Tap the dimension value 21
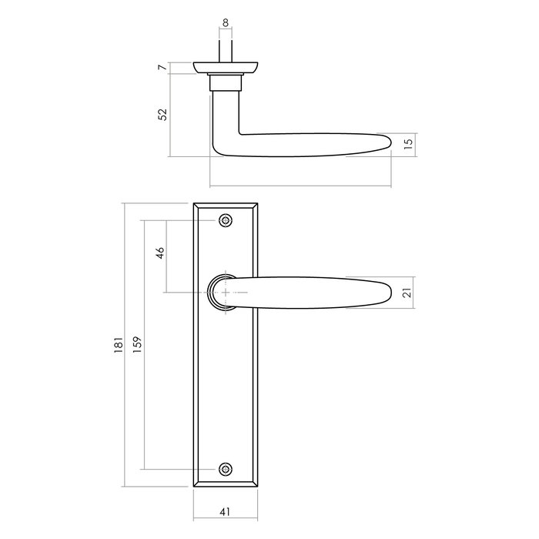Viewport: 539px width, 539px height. [408, 293]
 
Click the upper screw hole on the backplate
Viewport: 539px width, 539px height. [225, 220]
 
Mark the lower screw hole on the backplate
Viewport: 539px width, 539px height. [225, 468]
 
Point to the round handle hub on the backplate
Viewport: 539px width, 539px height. [220, 293]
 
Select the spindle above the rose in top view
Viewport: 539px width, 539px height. [226, 50]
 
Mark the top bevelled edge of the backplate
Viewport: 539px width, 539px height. [225, 206]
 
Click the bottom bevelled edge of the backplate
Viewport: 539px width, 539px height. [225, 483]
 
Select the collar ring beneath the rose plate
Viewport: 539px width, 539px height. [226, 81]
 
